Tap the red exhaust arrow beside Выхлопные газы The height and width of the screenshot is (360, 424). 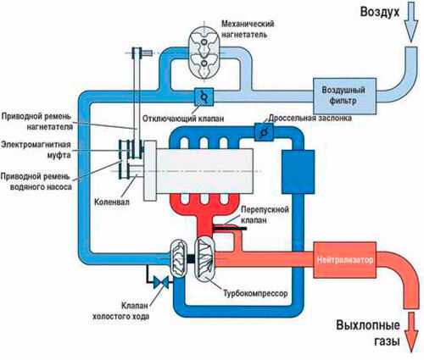click(x=411, y=332)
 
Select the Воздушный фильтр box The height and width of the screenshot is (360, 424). click(x=344, y=96)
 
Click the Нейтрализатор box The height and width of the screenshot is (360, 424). click(x=344, y=260)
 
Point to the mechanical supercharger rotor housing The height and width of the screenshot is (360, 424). click(x=204, y=53)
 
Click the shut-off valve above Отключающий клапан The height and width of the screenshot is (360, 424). click(x=204, y=97)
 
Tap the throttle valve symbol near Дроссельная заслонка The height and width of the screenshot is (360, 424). click(x=264, y=132)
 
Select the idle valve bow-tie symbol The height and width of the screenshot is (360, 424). click(x=161, y=283)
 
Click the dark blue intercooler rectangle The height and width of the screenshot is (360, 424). click(x=298, y=172)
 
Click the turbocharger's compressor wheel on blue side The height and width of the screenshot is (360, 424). click(x=178, y=258)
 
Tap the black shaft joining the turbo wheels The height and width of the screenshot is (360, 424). click(x=191, y=258)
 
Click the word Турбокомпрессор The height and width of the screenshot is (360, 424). click(x=255, y=293)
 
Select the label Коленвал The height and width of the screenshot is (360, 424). click(x=112, y=202)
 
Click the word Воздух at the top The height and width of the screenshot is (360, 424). click(x=380, y=13)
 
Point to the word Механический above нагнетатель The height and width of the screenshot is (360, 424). click(x=248, y=24)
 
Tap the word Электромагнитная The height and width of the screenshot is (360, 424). click(x=36, y=145)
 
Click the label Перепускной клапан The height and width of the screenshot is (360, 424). click(x=265, y=214)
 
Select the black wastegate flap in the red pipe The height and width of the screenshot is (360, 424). click(x=229, y=228)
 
